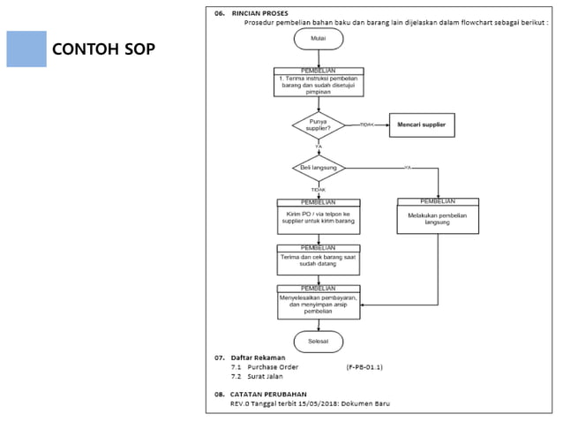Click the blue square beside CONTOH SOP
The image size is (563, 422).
(26, 49)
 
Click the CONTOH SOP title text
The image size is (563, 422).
(103, 49)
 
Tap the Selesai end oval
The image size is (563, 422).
(318, 340)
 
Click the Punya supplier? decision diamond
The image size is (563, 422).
(318, 124)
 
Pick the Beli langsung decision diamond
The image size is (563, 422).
(318, 167)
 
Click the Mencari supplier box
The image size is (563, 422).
(421, 125)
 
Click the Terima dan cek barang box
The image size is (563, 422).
(318, 260)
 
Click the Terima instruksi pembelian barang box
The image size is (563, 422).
(318, 83)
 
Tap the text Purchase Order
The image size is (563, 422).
(273, 367)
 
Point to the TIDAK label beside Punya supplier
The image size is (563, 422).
(366, 125)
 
